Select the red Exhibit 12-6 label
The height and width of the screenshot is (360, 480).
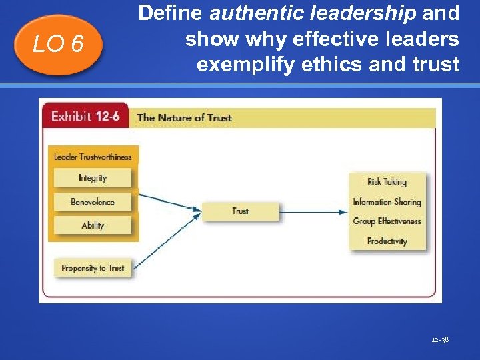coord(85,117)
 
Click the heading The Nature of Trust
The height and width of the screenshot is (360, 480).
coord(184,118)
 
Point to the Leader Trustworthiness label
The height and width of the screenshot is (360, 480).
coord(93,157)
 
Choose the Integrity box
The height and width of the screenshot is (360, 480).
coord(93,178)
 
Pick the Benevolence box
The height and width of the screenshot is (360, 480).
coord(93,202)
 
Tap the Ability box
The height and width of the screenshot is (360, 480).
coord(93,225)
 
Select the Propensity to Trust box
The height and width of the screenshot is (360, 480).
coord(93,268)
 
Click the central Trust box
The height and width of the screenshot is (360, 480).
coord(240,211)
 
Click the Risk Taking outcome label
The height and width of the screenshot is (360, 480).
coord(387,181)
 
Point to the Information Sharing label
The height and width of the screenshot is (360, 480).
coord(387,202)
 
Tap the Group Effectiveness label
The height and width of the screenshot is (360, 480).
coord(387,221)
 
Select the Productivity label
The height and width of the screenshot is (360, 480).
coord(387,241)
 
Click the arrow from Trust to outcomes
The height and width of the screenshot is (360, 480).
coord(313,212)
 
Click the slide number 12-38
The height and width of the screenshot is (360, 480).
coord(440,340)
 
